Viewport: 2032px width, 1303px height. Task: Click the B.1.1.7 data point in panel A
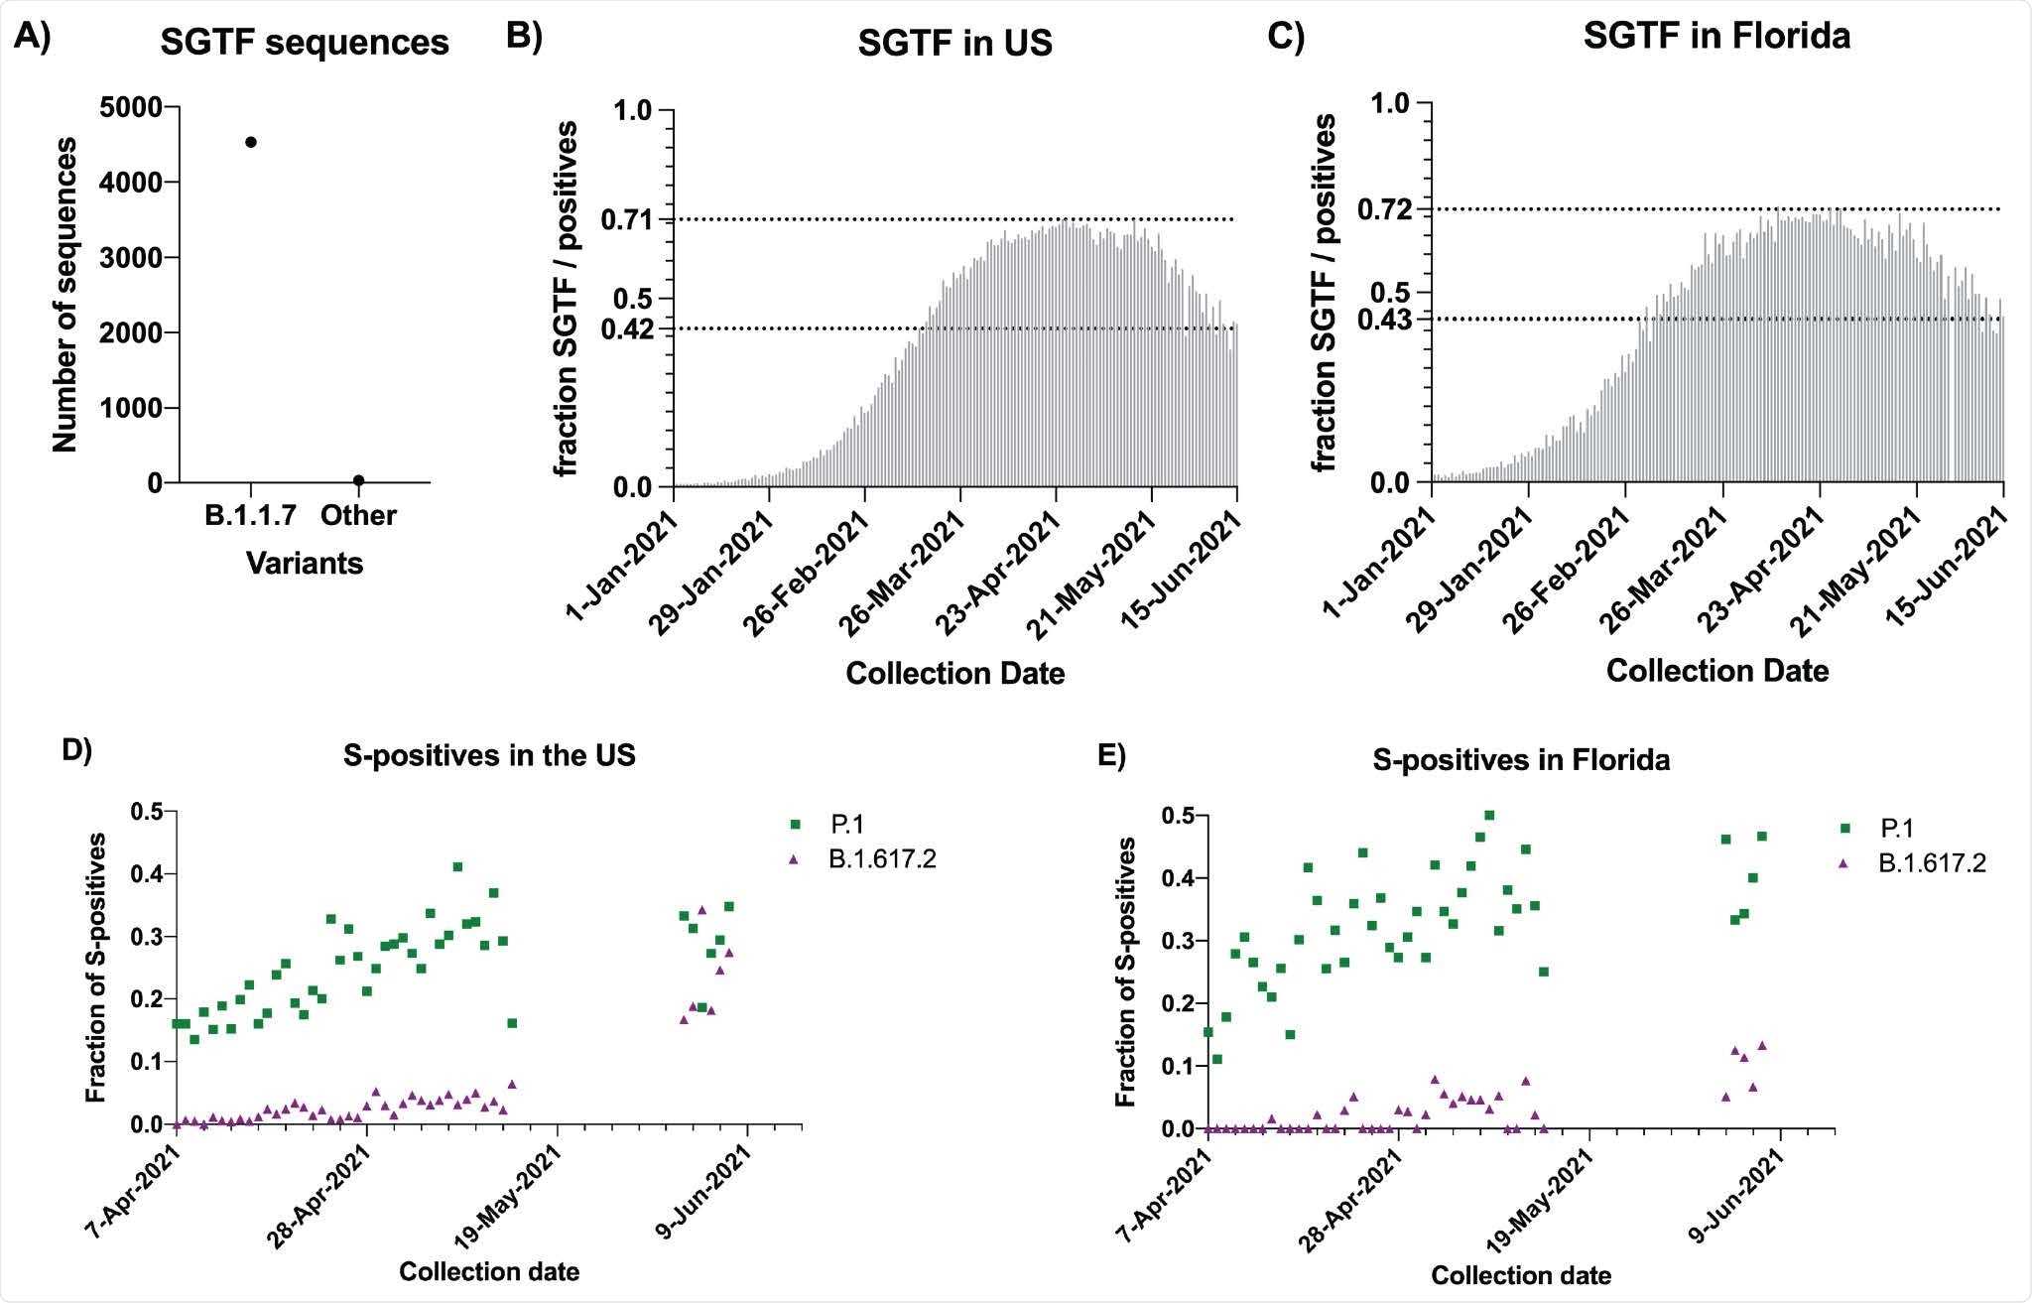coord(251,142)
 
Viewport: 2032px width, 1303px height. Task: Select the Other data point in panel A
coord(358,480)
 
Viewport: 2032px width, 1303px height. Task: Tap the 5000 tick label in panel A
coord(132,107)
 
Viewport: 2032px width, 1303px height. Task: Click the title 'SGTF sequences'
coord(305,43)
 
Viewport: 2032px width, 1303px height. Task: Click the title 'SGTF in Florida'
coord(1716,36)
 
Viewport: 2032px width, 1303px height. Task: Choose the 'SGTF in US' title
coord(954,44)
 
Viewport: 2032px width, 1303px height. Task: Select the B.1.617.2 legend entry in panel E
coord(1931,863)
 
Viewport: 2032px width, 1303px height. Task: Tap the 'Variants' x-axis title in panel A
coord(305,564)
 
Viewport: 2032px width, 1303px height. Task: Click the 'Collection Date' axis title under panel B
coord(954,674)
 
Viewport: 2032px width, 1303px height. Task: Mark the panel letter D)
coord(76,749)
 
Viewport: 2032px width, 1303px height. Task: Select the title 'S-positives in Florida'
coord(1521,760)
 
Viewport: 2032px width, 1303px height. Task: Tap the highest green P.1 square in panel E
coord(1488,816)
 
